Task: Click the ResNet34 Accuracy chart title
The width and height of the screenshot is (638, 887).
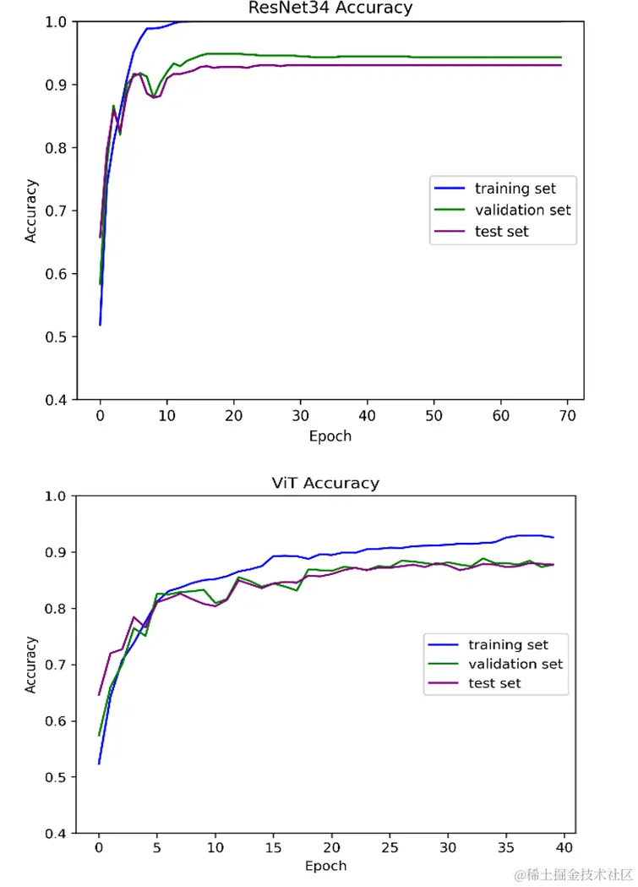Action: click(x=330, y=8)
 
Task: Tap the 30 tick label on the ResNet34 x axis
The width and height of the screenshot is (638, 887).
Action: click(x=300, y=417)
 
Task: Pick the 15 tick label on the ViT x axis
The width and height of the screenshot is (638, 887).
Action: click(x=274, y=847)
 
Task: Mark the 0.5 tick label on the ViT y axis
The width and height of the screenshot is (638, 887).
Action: click(x=57, y=777)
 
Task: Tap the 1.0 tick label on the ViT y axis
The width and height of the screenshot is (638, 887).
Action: click(x=57, y=496)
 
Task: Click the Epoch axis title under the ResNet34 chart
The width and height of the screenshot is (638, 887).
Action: click(x=330, y=436)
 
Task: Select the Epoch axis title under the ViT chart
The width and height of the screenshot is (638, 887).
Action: click(x=326, y=866)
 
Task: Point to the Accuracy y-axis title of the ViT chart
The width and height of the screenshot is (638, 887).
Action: click(x=31, y=664)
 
